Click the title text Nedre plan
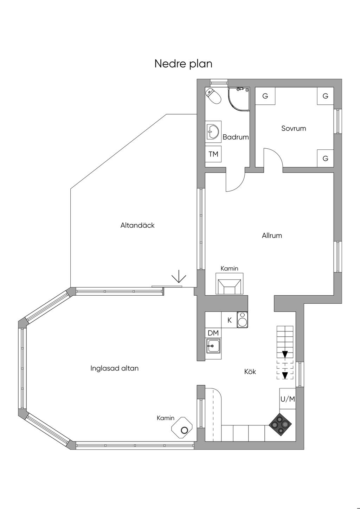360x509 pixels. coord(183,64)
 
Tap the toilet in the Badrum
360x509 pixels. coord(213,96)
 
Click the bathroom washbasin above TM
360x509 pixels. coord(213,131)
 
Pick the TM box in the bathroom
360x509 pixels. coord(213,154)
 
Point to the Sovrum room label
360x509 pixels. coord(294,128)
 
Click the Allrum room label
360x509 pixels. coord(272,236)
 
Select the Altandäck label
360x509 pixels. coord(137,225)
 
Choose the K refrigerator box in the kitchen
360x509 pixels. coord(230,320)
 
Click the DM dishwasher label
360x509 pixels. coord(213,333)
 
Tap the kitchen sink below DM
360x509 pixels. coord(213,346)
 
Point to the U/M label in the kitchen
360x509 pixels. coord(288,399)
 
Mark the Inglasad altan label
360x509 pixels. coord(114,368)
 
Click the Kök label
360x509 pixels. coord(250,372)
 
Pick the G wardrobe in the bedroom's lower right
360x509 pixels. coord(325,159)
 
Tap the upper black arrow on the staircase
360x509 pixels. coord(285,354)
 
